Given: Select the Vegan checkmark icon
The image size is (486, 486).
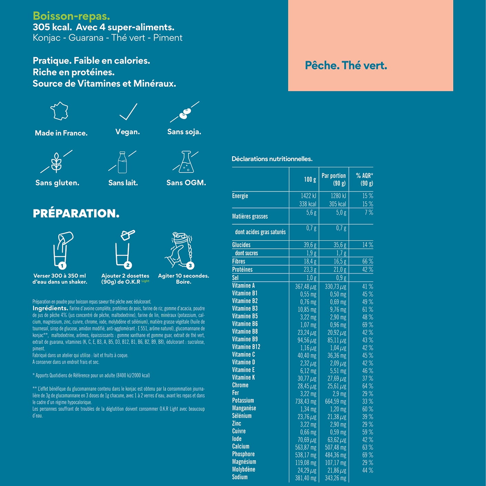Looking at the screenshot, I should point(127,112).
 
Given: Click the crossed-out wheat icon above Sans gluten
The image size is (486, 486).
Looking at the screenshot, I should point(56,161).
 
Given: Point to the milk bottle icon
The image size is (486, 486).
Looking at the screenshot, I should point(122,162).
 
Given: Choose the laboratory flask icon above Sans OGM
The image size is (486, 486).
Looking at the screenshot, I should point(186,162).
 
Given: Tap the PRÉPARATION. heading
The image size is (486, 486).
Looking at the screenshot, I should point(76,213).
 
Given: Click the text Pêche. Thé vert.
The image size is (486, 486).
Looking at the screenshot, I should point(346,66).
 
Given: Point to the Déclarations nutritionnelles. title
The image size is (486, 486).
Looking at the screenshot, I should point(272,159).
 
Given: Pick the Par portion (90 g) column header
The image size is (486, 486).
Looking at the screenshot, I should point(333,179).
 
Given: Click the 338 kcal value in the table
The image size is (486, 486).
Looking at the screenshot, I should point(306,204).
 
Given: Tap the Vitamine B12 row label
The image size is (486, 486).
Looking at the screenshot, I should point(246,347).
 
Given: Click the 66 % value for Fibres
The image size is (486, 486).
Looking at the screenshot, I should point(367,261).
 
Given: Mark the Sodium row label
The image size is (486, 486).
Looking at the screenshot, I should point(240,477).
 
